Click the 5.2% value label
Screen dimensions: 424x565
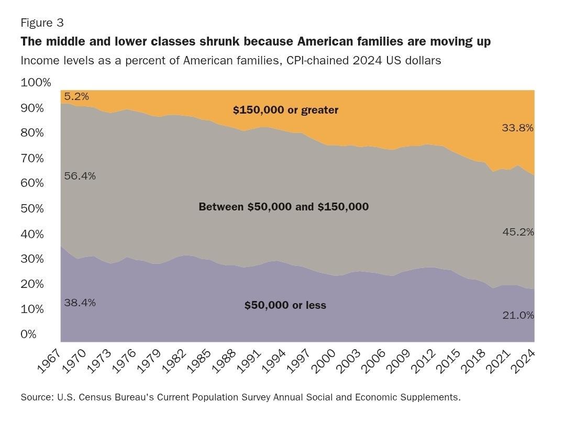76,96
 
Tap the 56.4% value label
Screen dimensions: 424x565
80,176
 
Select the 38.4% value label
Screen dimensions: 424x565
80,303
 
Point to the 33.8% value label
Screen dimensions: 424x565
517,127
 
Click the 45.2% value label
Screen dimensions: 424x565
518,232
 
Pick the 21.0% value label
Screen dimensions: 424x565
518,315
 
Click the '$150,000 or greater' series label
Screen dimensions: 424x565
285,110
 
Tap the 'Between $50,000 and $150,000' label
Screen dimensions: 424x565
283,207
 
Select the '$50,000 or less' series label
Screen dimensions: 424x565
285,305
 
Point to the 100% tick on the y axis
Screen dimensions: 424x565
36,83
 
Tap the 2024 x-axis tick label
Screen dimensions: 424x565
523,361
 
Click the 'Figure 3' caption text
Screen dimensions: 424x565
42,23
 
